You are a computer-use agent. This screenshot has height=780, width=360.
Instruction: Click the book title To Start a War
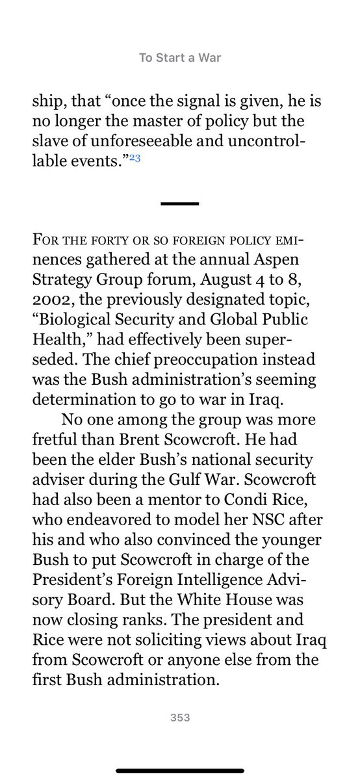[179, 58]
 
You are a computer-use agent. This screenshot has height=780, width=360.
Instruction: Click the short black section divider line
[180, 203]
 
